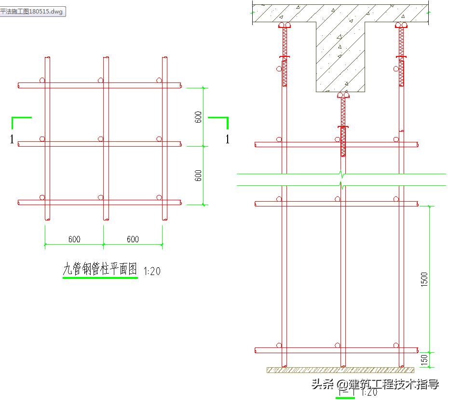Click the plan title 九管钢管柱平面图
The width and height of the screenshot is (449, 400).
[x=100, y=269]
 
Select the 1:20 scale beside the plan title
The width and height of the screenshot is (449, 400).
[x=152, y=271]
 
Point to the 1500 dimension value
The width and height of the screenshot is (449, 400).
[x=424, y=279]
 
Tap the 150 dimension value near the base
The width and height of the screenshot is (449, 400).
[x=424, y=359]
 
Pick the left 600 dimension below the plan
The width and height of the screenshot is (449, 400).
[x=74, y=239]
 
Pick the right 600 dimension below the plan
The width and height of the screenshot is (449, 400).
[x=133, y=239]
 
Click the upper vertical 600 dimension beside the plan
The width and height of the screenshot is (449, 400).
[x=198, y=117]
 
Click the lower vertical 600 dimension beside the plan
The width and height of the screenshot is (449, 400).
[x=198, y=176]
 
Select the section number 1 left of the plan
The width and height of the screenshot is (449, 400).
[x=12, y=140]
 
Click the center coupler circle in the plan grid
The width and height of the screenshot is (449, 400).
[x=100, y=139]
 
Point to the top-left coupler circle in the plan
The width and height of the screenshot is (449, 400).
[x=42, y=80]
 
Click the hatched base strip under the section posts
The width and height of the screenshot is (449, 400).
[x=340, y=370]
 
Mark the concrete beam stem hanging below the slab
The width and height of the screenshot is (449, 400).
[x=340, y=58]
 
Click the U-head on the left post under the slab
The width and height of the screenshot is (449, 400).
[x=285, y=25]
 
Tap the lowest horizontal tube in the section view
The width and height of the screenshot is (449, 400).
[x=336, y=350]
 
